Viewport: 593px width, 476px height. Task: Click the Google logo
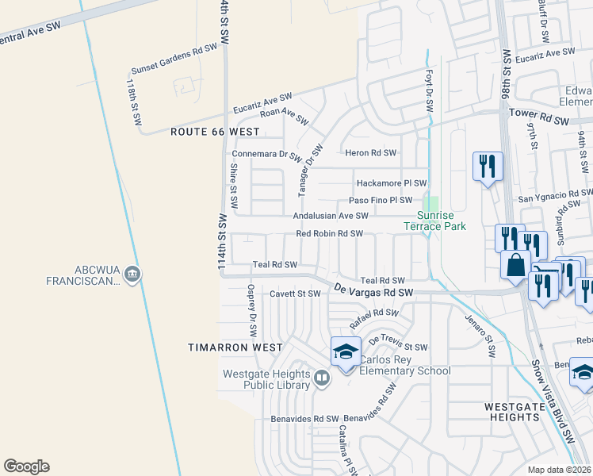[26, 466]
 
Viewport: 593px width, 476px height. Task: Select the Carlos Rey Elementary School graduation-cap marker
[346, 351]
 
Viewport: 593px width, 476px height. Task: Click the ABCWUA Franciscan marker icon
[132, 275]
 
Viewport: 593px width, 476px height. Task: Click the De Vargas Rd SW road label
[374, 291]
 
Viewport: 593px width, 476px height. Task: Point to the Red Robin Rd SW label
[329, 234]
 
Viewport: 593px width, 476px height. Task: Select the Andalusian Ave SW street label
[331, 215]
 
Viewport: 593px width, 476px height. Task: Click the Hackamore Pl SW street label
[391, 182]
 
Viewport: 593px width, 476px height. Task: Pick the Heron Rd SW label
[369, 153]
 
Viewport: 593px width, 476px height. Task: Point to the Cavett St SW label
[295, 294]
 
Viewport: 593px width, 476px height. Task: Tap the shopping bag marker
[516, 266]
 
